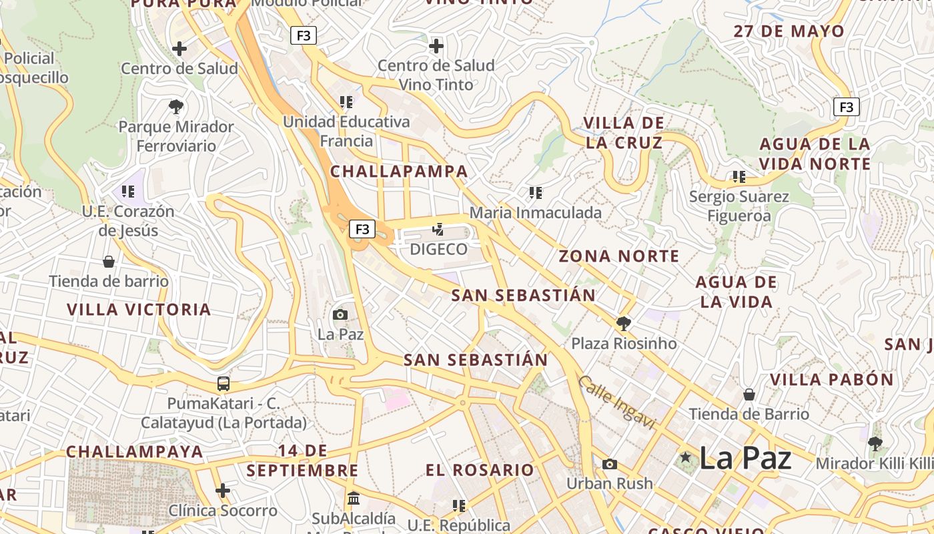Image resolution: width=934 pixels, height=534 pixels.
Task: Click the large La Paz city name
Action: tap(745, 458)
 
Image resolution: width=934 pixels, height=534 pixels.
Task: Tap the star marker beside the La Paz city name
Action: tap(685, 457)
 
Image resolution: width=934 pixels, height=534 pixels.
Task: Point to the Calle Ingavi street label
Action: tap(617, 402)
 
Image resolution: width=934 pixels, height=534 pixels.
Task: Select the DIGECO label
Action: tap(438, 250)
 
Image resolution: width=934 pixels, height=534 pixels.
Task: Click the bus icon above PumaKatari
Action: tap(223, 384)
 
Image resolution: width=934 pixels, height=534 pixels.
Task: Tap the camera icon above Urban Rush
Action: tap(609, 464)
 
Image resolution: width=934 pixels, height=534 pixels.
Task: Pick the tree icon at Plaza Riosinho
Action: tap(624, 324)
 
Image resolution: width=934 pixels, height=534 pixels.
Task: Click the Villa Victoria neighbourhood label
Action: tap(139, 310)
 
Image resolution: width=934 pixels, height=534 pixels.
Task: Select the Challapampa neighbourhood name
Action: tap(399, 172)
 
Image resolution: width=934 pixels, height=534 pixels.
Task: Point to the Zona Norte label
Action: tap(619, 256)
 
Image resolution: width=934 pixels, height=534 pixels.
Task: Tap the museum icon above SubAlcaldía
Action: tap(354, 499)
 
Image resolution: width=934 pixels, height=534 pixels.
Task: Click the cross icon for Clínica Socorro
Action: tap(223, 491)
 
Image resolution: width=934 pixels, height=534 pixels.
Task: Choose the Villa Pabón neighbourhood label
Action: tap(832, 380)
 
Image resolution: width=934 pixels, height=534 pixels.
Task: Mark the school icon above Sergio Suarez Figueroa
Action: tap(739, 177)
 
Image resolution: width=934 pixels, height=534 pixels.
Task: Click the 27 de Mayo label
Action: tap(789, 31)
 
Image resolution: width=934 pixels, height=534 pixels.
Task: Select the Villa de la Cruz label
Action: tap(624, 133)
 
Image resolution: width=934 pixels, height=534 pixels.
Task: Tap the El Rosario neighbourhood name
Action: tap(480, 470)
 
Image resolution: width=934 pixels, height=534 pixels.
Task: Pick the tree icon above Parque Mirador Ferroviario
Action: tap(176, 106)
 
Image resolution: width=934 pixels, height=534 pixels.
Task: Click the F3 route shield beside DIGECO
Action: tap(362, 230)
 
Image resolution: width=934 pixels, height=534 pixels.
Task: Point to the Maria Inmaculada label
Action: tap(536, 212)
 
